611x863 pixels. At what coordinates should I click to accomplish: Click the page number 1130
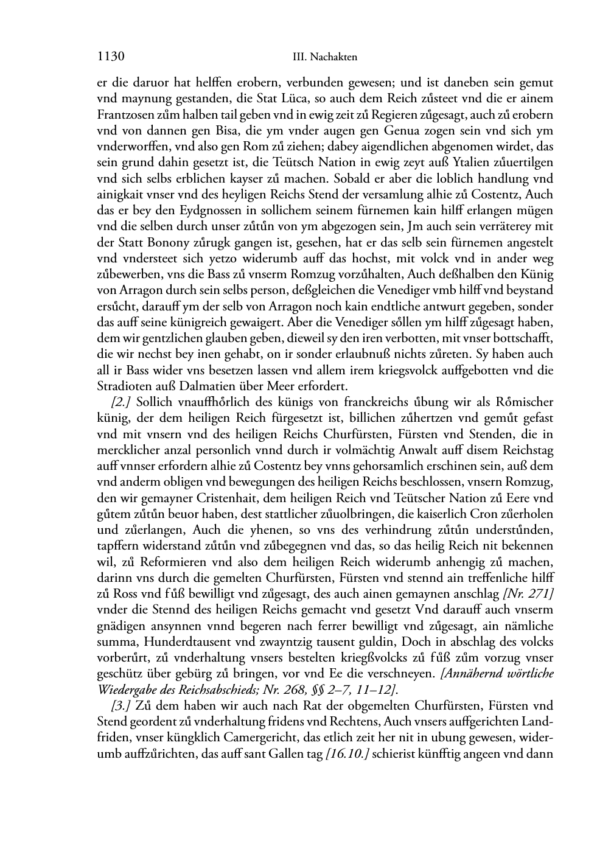click(111, 57)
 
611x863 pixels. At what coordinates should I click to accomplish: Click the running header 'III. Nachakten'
click(324, 58)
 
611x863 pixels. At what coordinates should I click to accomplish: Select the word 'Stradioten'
click(124, 386)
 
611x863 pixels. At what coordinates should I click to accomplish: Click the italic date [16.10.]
click(347, 754)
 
